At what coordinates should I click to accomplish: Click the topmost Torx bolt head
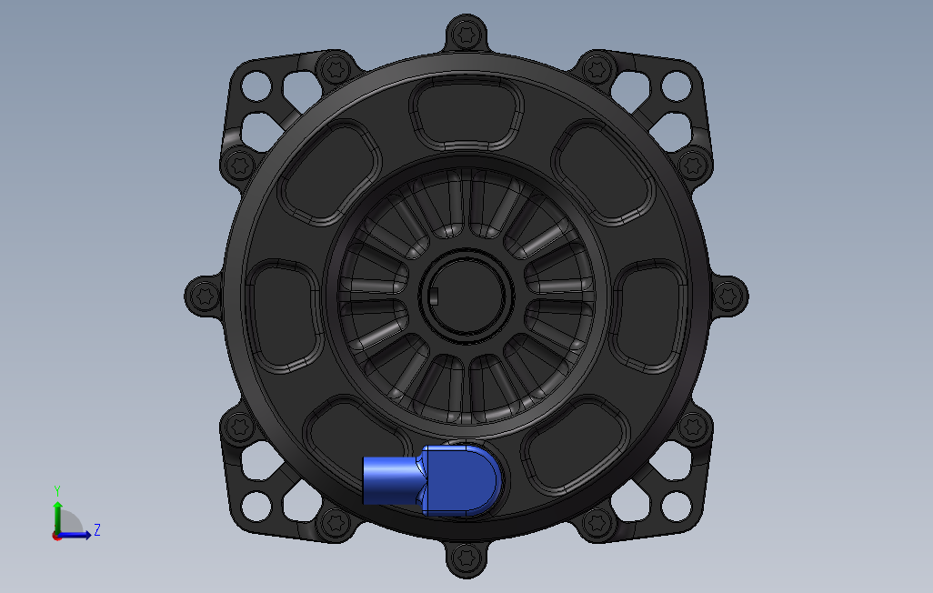point(466,35)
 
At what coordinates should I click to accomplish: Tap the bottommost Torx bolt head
point(466,558)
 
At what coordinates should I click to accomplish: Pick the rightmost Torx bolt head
point(728,296)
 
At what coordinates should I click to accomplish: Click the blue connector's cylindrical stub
point(392,480)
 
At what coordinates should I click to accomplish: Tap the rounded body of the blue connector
point(461,480)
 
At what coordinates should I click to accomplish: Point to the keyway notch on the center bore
point(434,295)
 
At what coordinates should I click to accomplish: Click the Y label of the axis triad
point(57,491)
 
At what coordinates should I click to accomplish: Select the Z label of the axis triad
point(97,529)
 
